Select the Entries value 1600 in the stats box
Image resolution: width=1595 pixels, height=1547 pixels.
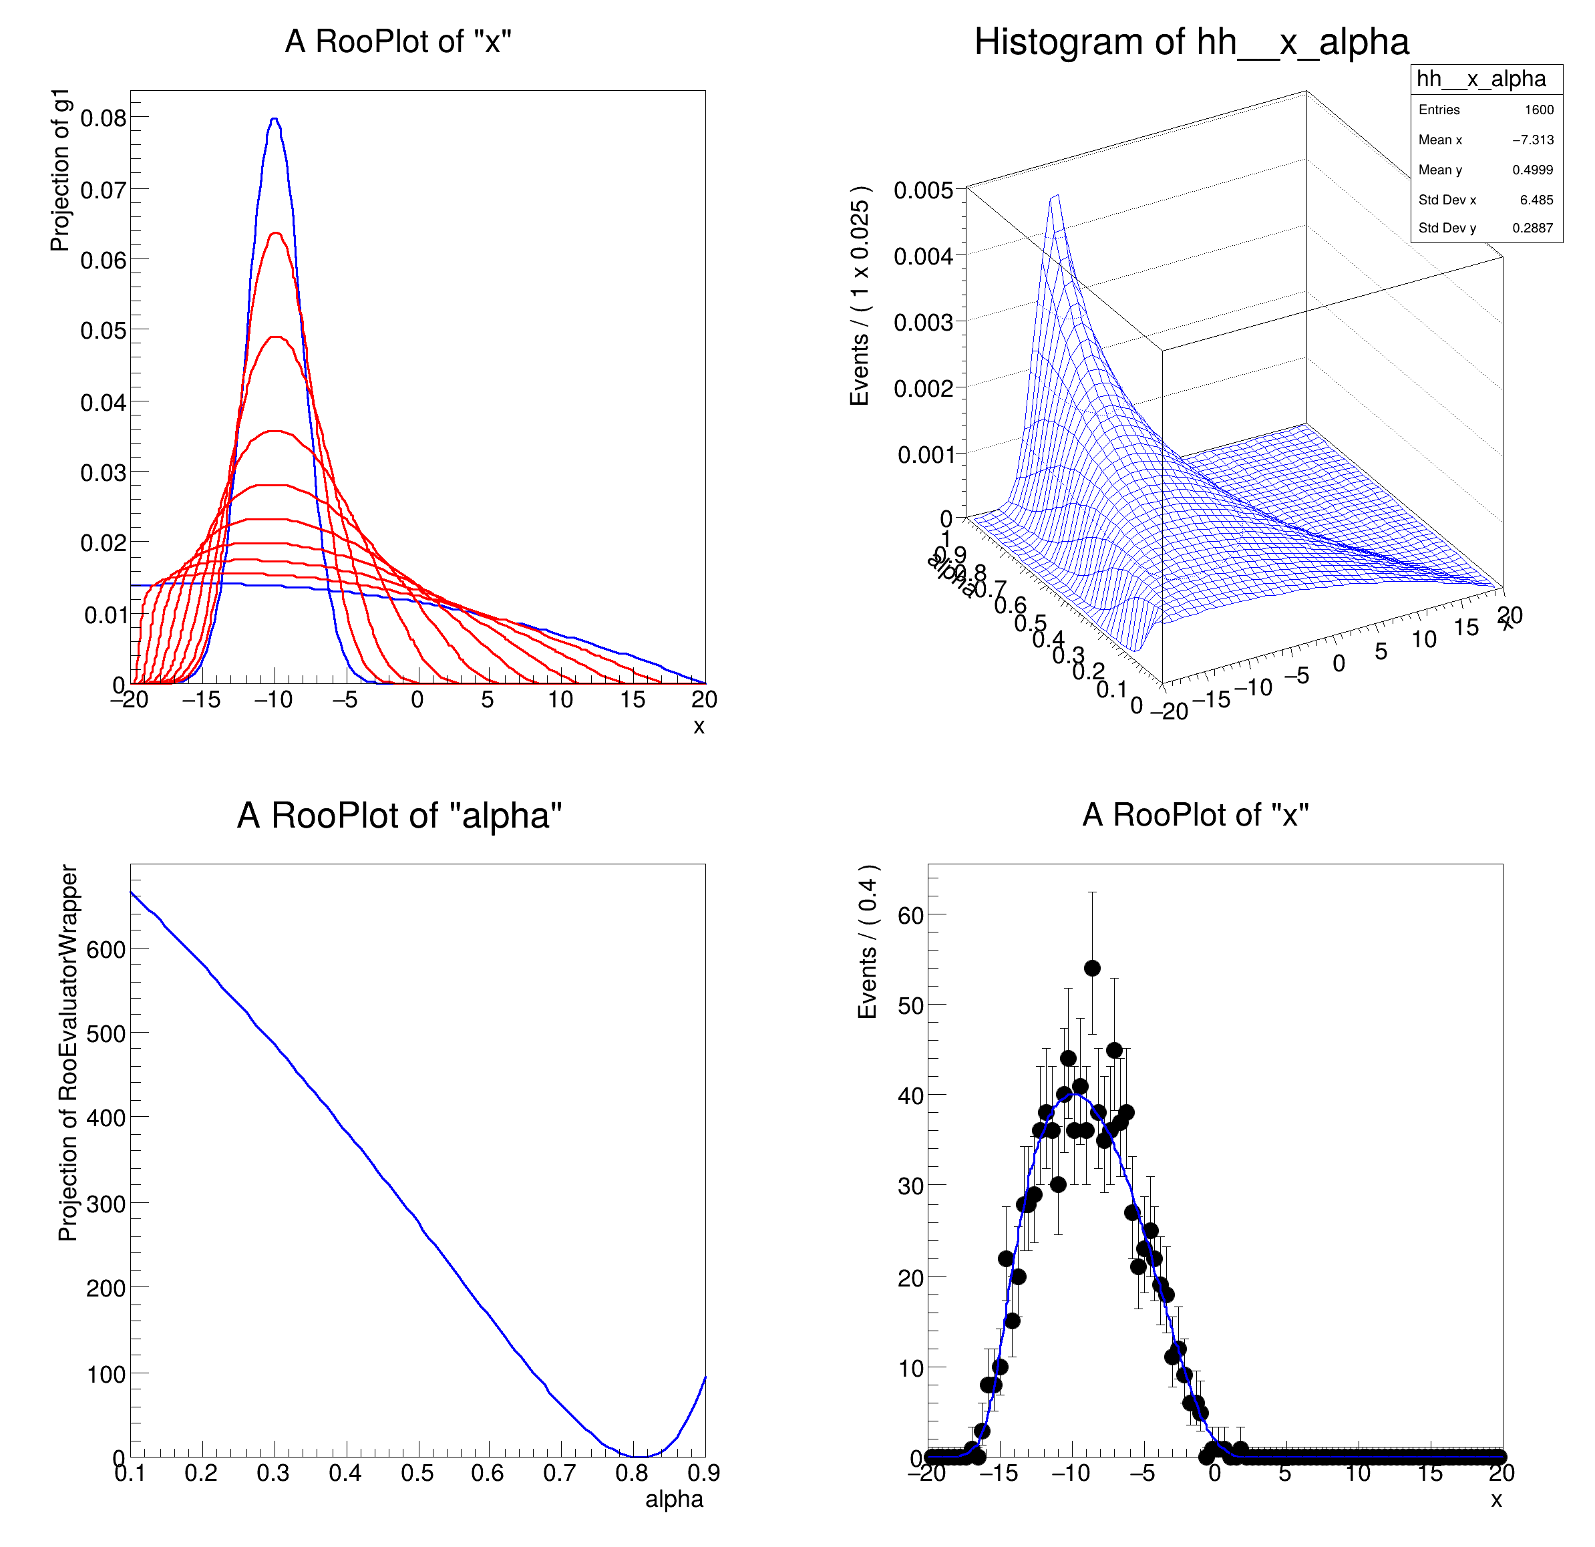coord(1538,110)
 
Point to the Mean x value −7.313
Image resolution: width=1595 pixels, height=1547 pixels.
coord(1532,140)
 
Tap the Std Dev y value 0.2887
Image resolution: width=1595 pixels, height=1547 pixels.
coord(1532,228)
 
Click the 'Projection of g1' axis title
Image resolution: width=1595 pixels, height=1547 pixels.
coord(60,170)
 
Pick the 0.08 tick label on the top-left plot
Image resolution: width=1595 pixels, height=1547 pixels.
coord(104,119)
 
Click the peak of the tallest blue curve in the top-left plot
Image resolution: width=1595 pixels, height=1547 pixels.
coord(275,119)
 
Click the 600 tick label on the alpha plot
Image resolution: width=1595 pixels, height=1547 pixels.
coord(106,950)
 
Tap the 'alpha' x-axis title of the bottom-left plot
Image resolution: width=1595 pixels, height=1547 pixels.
coord(674,1500)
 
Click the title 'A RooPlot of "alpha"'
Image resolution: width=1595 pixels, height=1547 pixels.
coord(399,816)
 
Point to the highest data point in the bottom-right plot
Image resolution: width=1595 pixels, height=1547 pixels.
coord(1092,968)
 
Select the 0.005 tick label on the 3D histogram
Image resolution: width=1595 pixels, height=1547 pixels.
coord(923,190)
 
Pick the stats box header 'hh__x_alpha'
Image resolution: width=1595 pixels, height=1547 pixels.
coord(1481,79)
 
